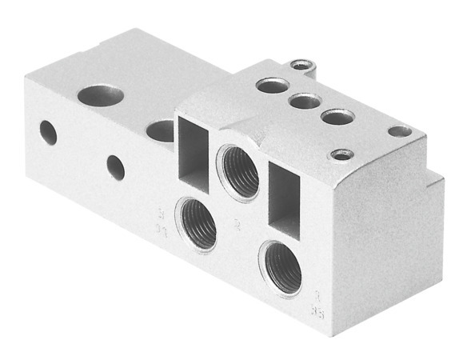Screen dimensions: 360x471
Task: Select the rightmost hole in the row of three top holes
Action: click(x=337, y=118)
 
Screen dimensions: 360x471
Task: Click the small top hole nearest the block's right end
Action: click(x=399, y=130)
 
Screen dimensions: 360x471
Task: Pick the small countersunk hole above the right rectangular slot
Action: click(x=342, y=154)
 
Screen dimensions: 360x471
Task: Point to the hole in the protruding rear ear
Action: click(x=300, y=64)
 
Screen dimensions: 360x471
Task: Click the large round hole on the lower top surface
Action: click(x=101, y=96)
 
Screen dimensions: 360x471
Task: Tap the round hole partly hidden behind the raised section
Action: click(x=160, y=130)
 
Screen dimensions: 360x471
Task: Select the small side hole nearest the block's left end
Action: click(x=48, y=132)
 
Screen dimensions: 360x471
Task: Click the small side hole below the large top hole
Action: click(x=116, y=167)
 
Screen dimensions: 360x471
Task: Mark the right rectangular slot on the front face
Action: click(x=284, y=196)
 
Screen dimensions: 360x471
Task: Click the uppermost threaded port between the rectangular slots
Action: click(x=238, y=172)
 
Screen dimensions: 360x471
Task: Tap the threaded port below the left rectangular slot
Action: click(x=197, y=224)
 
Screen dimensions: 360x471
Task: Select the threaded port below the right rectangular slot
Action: click(x=281, y=268)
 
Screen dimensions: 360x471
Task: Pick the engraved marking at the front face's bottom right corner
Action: click(x=317, y=301)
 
